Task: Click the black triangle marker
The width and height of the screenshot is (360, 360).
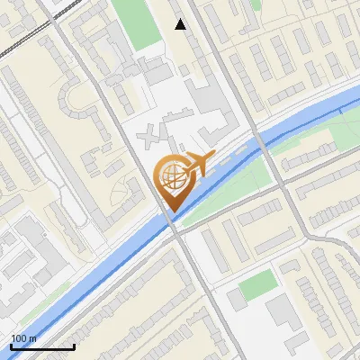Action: click(180, 25)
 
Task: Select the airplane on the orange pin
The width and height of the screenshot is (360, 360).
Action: click(197, 164)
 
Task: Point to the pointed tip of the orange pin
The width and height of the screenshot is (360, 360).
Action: click(171, 211)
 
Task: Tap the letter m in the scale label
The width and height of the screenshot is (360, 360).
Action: click(32, 338)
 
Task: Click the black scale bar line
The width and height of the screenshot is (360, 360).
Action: click(42, 346)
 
